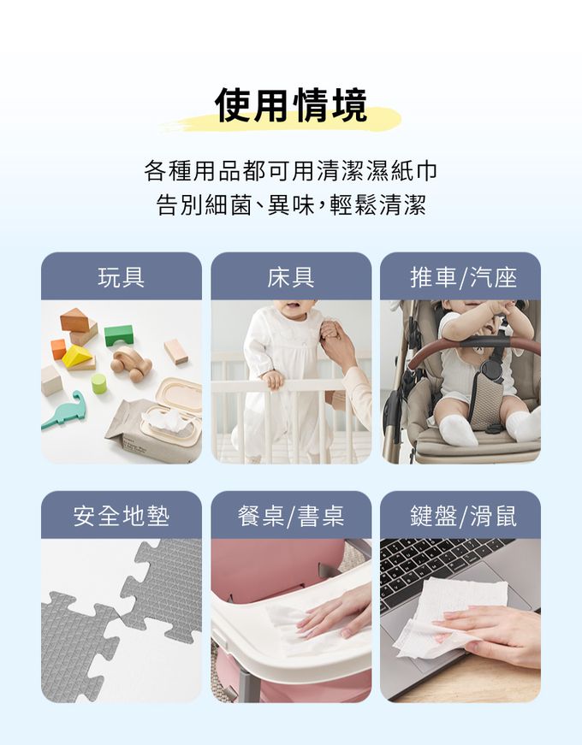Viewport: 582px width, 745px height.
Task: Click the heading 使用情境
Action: [x=291, y=105]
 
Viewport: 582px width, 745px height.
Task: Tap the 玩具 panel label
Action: [x=122, y=277]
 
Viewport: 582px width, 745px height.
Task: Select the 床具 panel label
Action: [x=291, y=277]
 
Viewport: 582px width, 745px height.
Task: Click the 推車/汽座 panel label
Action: [x=463, y=277]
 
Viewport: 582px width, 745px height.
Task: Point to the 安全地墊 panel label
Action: [x=122, y=516]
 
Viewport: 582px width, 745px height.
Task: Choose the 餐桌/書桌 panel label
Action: [x=291, y=516]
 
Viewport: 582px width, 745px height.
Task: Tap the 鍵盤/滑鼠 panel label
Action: [x=463, y=516]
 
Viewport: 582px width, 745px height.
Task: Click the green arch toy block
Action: [x=119, y=335]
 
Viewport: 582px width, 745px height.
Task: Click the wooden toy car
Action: [x=131, y=364]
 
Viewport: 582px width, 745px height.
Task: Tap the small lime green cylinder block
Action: [x=99, y=383]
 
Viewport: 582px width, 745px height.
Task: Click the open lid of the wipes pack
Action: [x=180, y=394]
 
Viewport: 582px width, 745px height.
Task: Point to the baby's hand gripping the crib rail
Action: [x=273, y=380]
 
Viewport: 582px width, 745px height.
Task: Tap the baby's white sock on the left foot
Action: [x=457, y=430]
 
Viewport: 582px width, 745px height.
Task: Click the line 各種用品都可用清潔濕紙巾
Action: [x=291, y=170]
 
